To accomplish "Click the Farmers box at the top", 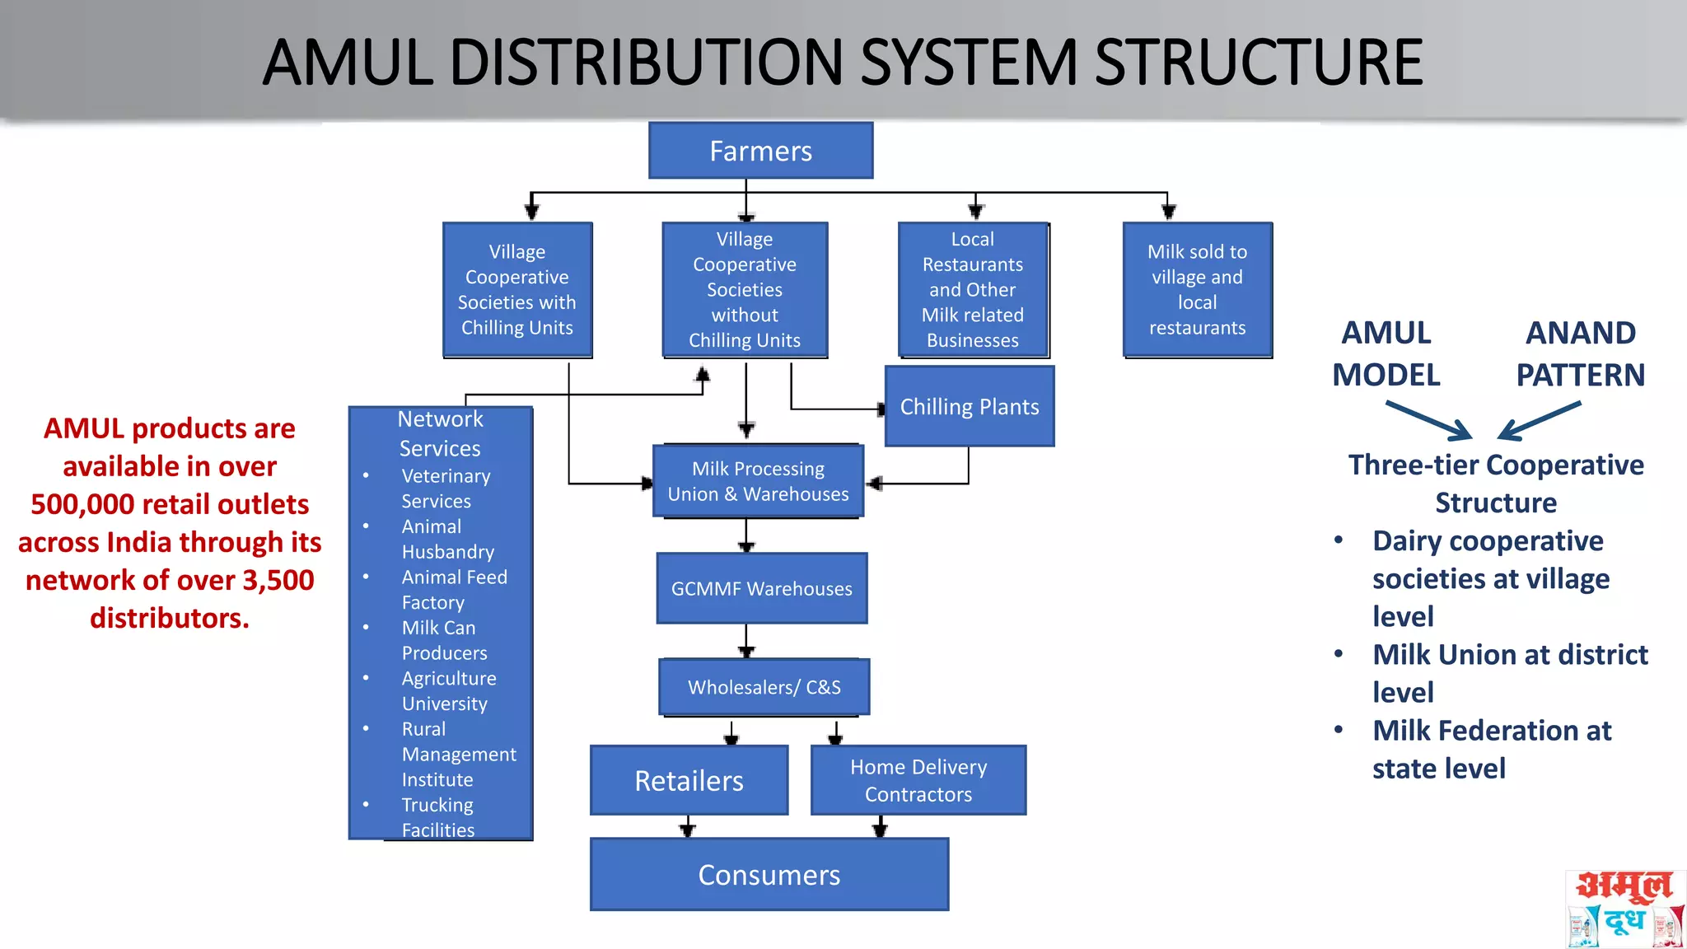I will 760,151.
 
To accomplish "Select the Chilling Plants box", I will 969,406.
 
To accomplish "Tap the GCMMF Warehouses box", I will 761,588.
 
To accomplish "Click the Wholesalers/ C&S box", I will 764,687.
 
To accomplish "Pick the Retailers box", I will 689,780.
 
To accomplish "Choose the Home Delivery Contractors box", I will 918,780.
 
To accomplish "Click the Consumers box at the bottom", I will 769,874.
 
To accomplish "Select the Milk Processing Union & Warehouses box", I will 758,481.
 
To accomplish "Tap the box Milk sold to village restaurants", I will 1197,289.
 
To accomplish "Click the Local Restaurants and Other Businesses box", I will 972,289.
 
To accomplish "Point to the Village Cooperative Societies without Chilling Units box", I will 744,289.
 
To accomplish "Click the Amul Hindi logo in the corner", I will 1624,909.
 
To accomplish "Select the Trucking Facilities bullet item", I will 437,817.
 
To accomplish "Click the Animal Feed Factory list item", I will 453,590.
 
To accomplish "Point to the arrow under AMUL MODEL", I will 1429,420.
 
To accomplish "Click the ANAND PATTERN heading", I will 1580,353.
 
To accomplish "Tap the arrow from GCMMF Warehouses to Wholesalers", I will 746,640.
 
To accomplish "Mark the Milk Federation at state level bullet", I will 1491,749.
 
